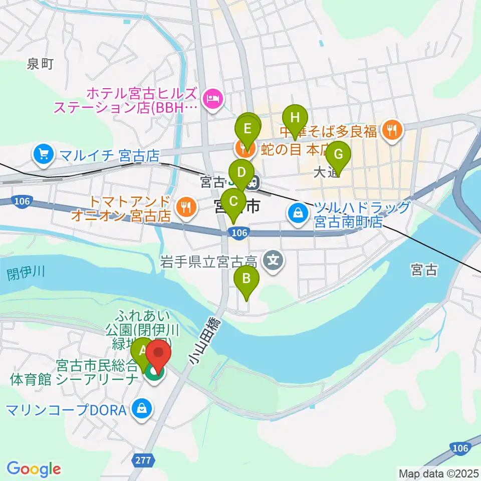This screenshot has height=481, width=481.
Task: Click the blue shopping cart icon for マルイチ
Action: tap(44, 154)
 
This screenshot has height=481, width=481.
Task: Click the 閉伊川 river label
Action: tap(26, 273)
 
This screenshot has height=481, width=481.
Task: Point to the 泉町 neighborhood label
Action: tap(40, 64)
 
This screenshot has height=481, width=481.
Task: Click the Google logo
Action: tap(34, 468)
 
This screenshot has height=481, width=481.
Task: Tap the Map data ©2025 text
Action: tap(438, 472)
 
